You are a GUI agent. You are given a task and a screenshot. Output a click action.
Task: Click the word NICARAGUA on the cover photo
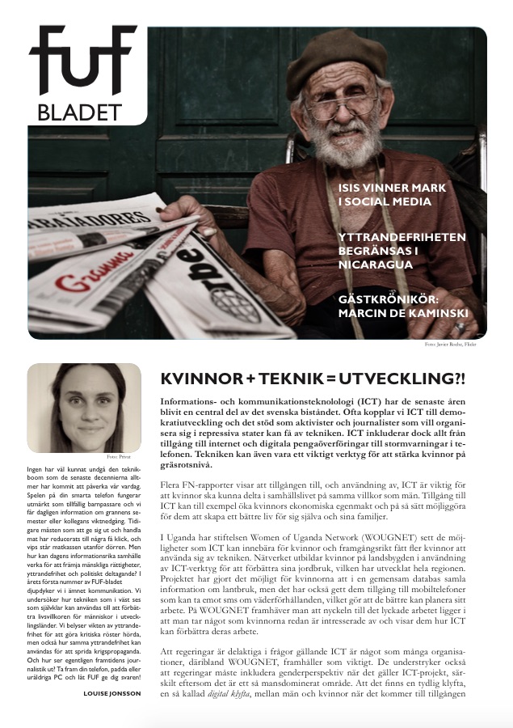pos(372,263)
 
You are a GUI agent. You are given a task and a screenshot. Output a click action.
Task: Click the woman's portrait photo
pos(77,407)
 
